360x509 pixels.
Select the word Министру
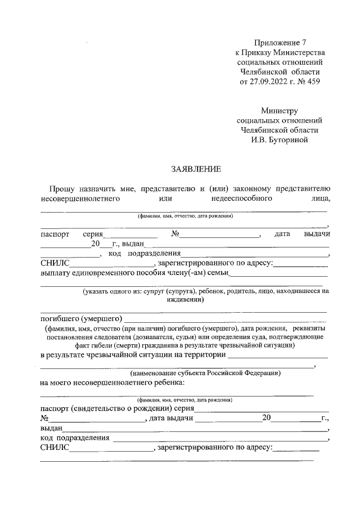click(279, 111)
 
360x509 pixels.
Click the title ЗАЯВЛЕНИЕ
click(196, 169)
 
